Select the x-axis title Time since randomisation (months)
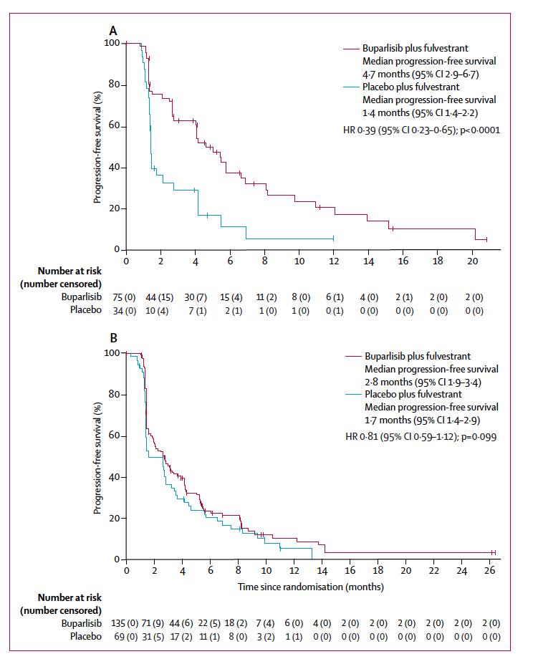[311, 587]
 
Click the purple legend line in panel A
[350, 48]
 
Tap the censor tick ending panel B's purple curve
[493, 552]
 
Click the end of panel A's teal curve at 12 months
[333, 238]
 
